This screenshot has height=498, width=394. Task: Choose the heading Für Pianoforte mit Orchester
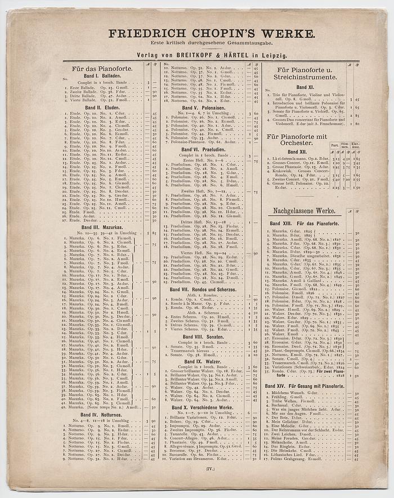(297, 140)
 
